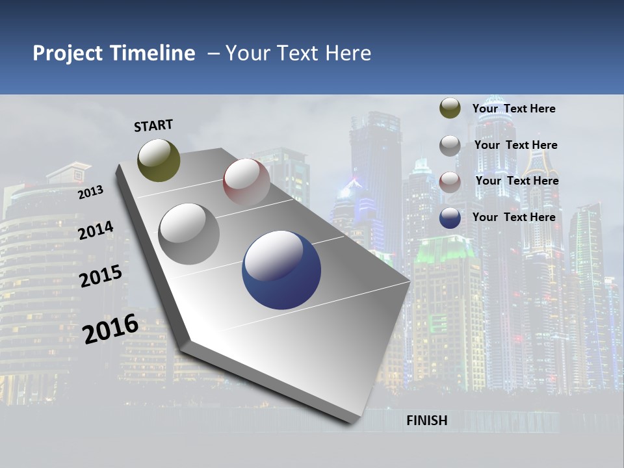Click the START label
[x=153, y=125]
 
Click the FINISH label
[x=427, y=421]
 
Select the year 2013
[x=90, y=192]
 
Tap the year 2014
[x=96, y=230]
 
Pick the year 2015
[x=100, y=276]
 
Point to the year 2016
[x=110, y=328]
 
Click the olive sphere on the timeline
[x=159, y=160]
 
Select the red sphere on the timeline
[x=246, y=182]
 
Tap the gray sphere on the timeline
[x=189, y=233]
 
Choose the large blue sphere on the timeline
[x=281, y=270]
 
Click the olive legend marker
[x=450, y=108]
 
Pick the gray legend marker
[x=450, y=146]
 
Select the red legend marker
[x=450, y=182]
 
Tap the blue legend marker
[x=450, y=218]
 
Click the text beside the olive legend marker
[x=513, y=109]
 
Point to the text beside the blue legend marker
[x=513, y=217]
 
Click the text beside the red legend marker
[x=517, y=181]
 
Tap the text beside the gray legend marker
[x=515, y=145]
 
